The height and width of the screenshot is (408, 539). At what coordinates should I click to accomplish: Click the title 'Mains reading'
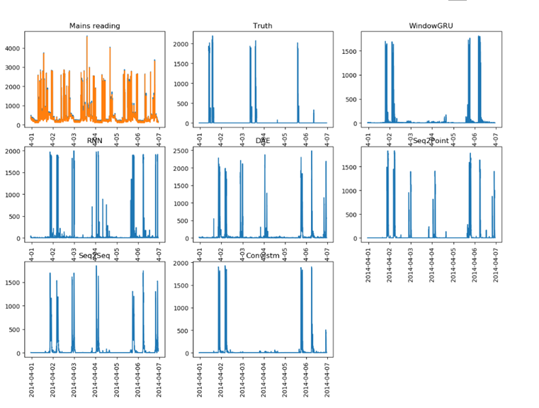point(94,26)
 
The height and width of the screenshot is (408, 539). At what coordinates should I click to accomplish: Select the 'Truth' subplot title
point(263,26)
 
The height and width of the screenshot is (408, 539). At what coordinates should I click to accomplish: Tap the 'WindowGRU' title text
point(431,26)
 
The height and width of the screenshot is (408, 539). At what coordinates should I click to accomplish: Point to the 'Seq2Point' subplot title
point(431,141)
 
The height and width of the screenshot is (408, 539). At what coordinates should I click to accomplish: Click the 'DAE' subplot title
point(263,141)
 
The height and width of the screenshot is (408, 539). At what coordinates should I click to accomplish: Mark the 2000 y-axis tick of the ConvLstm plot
point(182,263)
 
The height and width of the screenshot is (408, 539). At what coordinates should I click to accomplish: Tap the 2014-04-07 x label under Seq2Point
point(494,266)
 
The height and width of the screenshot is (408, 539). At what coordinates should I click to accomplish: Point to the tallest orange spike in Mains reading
point(87,36)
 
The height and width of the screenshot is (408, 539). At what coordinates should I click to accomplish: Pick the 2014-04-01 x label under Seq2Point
point(369,266)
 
